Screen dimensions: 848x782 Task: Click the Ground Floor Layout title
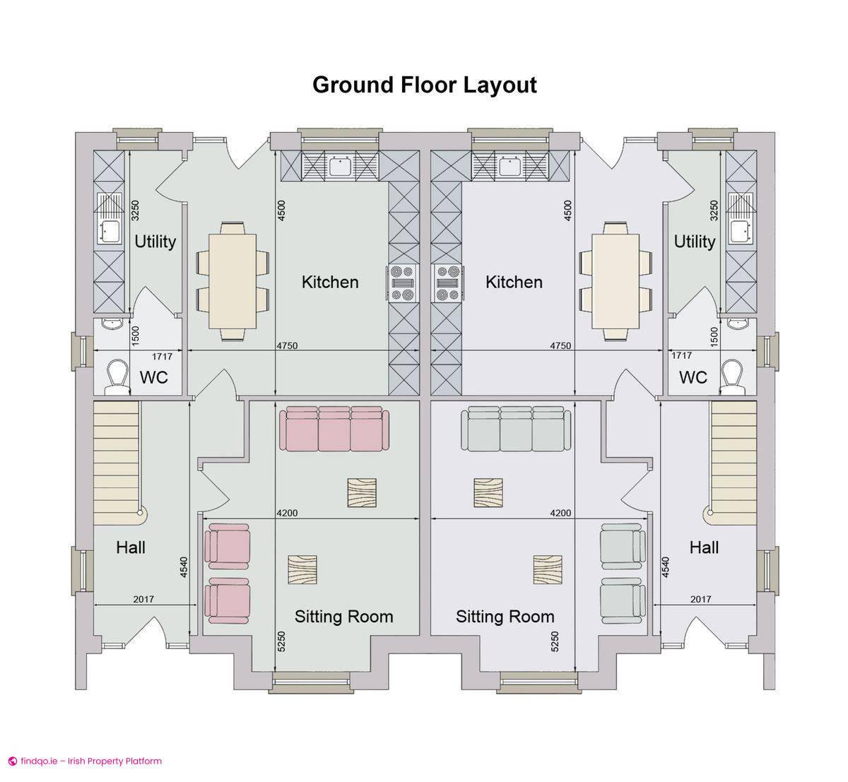424,85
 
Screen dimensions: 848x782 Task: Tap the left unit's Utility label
155,242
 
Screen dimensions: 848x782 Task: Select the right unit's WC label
693,377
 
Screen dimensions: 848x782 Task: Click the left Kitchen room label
329,282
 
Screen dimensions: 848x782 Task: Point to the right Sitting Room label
505,617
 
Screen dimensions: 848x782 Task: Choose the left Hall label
131,547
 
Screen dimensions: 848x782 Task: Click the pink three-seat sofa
334,429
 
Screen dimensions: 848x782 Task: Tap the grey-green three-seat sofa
516,429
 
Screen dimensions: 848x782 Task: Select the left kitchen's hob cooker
403,283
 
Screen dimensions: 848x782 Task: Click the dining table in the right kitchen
616,281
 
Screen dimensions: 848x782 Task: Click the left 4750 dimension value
287,345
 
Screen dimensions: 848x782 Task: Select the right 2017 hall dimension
701,599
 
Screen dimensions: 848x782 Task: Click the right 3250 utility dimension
714,210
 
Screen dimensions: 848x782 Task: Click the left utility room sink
108,232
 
